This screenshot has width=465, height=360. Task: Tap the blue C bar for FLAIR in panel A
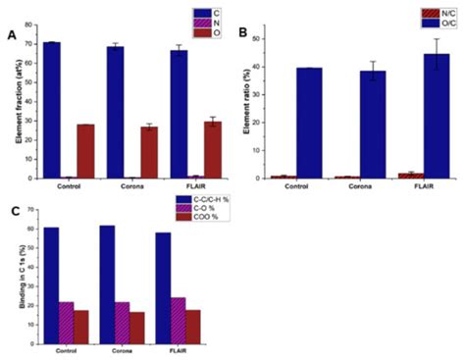tap(179, 114)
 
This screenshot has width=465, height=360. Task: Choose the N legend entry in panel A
tap(198, 22)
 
